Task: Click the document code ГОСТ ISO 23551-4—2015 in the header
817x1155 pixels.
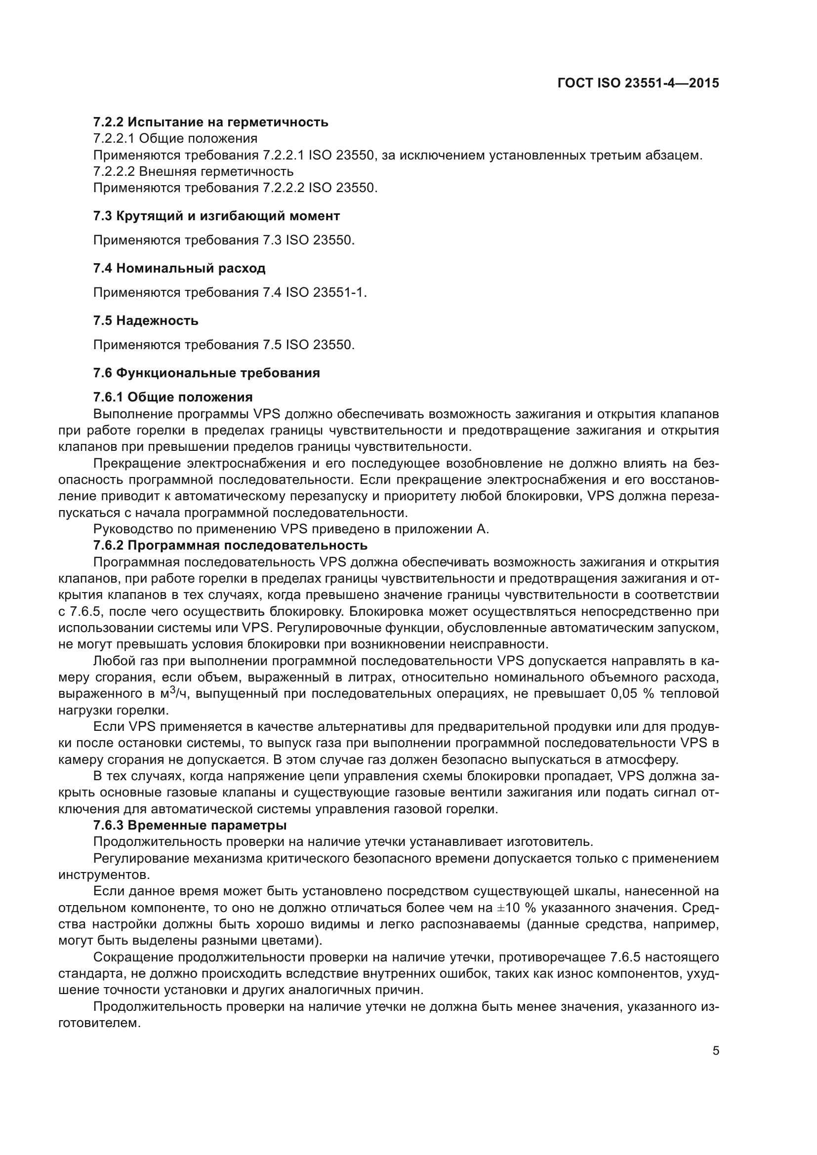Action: pyautogui.click(x=638, y=83)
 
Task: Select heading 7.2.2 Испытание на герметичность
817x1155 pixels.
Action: pyautogui.click(x=210, y=122)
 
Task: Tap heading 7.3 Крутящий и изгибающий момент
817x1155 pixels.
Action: pyautogui.click(x=216, y=216)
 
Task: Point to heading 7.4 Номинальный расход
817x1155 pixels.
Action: pyautogui.click(x=179, y=268)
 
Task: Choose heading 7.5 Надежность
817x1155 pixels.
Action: pyautogui.click(x=146, y=320)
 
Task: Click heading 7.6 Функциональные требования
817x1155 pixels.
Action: pyautogui.click(x=206, y=373)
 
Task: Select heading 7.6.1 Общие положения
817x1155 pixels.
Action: pyautogui.click(x=172, y=398)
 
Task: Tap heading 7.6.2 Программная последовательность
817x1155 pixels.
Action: pyautogui.click(x=230, y=545)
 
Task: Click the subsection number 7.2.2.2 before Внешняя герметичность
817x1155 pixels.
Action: pyautogui.click(x=114, y=171)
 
